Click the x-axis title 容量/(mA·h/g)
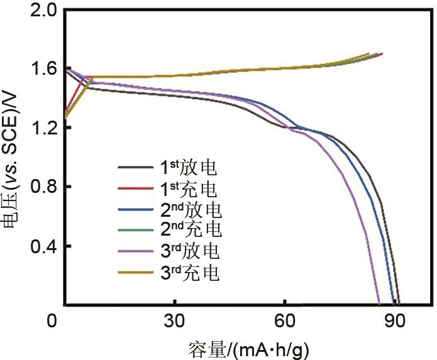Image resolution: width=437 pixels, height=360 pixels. [x=249, y=347]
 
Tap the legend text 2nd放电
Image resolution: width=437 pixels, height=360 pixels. [x=189, y=209]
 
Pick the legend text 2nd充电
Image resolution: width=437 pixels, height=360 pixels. [x=189, y=230]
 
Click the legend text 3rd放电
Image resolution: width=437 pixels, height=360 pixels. [x=189, y=251]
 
